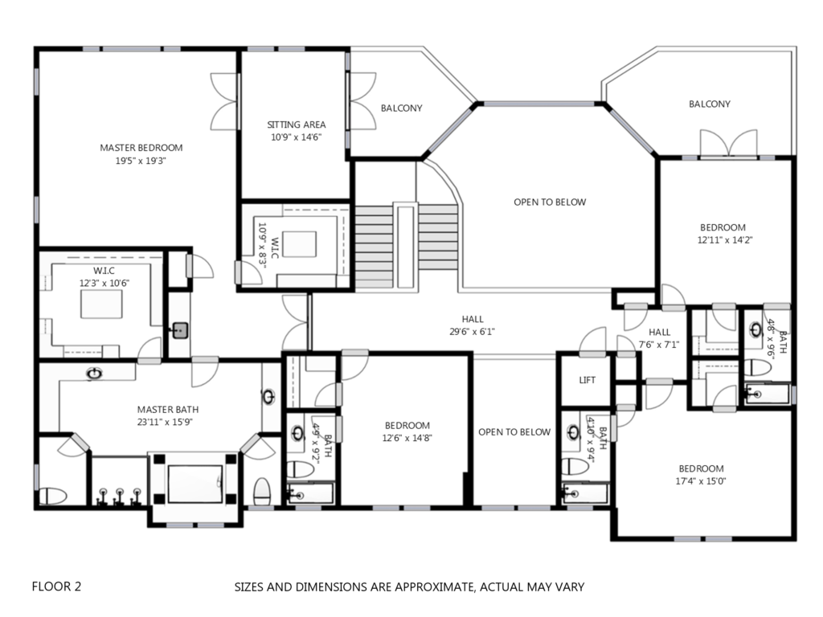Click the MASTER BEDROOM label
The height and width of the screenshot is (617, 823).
click(141, 148)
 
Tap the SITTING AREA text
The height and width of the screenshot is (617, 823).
click(296, 125)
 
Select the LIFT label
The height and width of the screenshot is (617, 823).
click(587, 380)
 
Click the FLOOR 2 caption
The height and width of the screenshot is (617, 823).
click(57, 586)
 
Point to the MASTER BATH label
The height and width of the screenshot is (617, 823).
click(168, 409)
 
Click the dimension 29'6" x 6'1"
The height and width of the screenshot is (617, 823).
click(473, 332)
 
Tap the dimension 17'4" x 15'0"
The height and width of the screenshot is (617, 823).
click(701, 481)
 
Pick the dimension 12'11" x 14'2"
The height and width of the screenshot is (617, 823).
click(724, 240)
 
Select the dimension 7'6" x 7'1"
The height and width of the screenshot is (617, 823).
click(659, 345)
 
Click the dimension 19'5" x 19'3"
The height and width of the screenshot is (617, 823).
click(141, 161)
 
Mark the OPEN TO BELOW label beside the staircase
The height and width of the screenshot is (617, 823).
click(550, 202)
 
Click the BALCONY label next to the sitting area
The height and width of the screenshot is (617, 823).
click(402, 108)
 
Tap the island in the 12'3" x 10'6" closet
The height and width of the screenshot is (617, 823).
click(101, 304)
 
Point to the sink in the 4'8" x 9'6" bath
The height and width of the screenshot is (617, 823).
click(755, 330)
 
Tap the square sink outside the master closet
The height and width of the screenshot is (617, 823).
click(180, 330)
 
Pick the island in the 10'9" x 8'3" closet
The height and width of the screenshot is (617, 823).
click(299, 244)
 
